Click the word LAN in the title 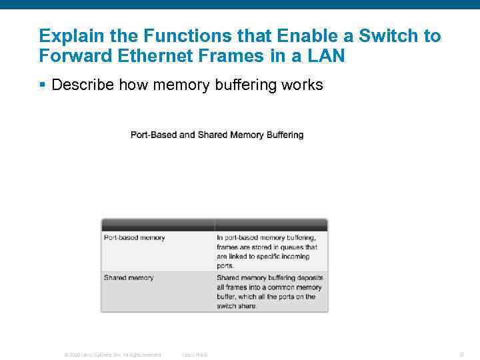point(326,55)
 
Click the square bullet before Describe point(43,85)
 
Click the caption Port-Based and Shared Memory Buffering point(217,135)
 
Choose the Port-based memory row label point(134,237)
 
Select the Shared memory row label point(129,277)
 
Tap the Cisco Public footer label point(195,355)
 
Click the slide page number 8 point(461,354)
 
